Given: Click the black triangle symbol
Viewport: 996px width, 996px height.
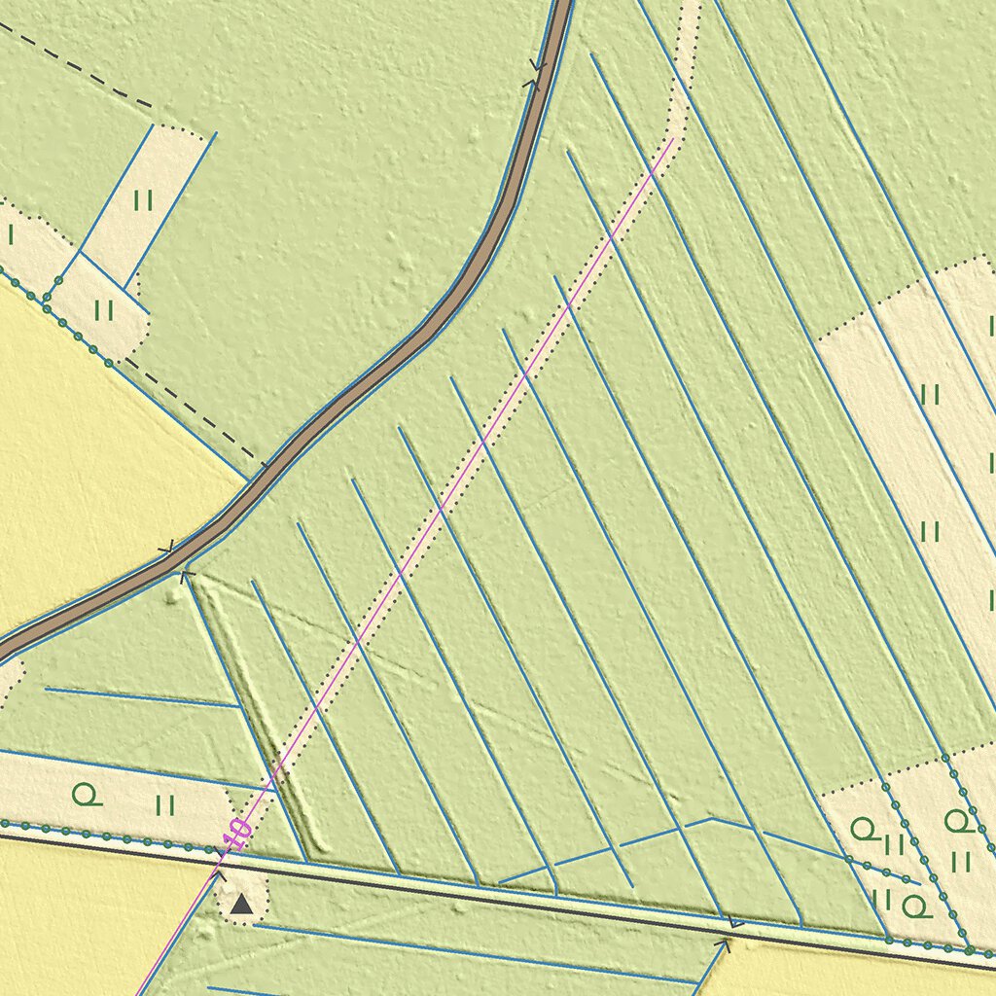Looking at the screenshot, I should [241, 906].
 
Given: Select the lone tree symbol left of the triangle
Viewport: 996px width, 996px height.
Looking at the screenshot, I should [87, 796].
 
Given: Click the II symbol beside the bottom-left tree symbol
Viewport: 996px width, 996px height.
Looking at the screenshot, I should [164, 805].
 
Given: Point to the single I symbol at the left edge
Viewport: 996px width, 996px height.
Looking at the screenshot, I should [11, 234].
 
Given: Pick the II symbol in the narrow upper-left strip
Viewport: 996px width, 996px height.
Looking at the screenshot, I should [143, 201].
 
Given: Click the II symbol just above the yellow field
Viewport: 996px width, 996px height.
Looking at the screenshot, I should [104, 310].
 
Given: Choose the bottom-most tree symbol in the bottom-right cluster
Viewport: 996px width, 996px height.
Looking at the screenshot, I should [914, 907].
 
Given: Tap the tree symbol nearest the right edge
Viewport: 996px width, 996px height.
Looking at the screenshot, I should [957, 822].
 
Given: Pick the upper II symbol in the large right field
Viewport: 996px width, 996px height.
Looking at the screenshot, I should [930, 394].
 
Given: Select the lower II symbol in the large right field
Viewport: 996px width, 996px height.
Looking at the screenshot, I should [930, 531].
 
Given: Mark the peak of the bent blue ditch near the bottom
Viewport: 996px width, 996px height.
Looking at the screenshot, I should [711, 819].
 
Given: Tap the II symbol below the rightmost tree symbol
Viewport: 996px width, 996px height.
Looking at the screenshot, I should [961, 861].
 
